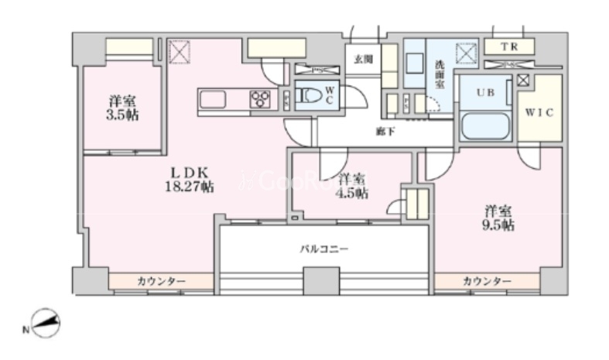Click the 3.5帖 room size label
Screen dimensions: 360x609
[x=124, y=115]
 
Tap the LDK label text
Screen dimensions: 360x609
[x=188, y=173]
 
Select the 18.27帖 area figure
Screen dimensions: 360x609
[x=189, y=187]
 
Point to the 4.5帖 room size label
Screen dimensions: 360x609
[x=353, y=191]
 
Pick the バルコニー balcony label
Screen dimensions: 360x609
[x=324, y=249]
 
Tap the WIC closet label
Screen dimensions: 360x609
[x=539, y=113]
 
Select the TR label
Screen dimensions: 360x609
[x=508, y=47]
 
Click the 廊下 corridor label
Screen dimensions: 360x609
[x=385, y=131]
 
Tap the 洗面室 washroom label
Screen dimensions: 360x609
[x=439, y=74]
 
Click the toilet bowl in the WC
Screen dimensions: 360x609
[x=312, y=97]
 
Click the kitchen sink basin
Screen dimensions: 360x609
[x=213, y=99]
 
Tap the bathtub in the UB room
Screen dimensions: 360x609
[x=484, y=125]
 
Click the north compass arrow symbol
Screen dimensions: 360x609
[x=45, y=321]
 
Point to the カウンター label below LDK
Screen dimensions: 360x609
[x=161, y=280]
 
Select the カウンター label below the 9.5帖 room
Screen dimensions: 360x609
[x=487, y=280]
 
